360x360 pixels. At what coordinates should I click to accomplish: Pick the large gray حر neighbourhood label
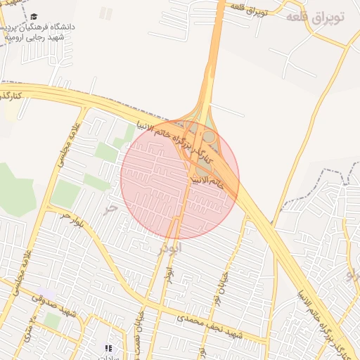109,209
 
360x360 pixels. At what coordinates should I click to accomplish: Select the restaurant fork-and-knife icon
108,348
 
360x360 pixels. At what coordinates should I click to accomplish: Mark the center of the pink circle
179,179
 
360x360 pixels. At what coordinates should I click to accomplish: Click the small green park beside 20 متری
52,320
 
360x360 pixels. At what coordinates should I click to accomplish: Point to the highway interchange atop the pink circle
205,130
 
